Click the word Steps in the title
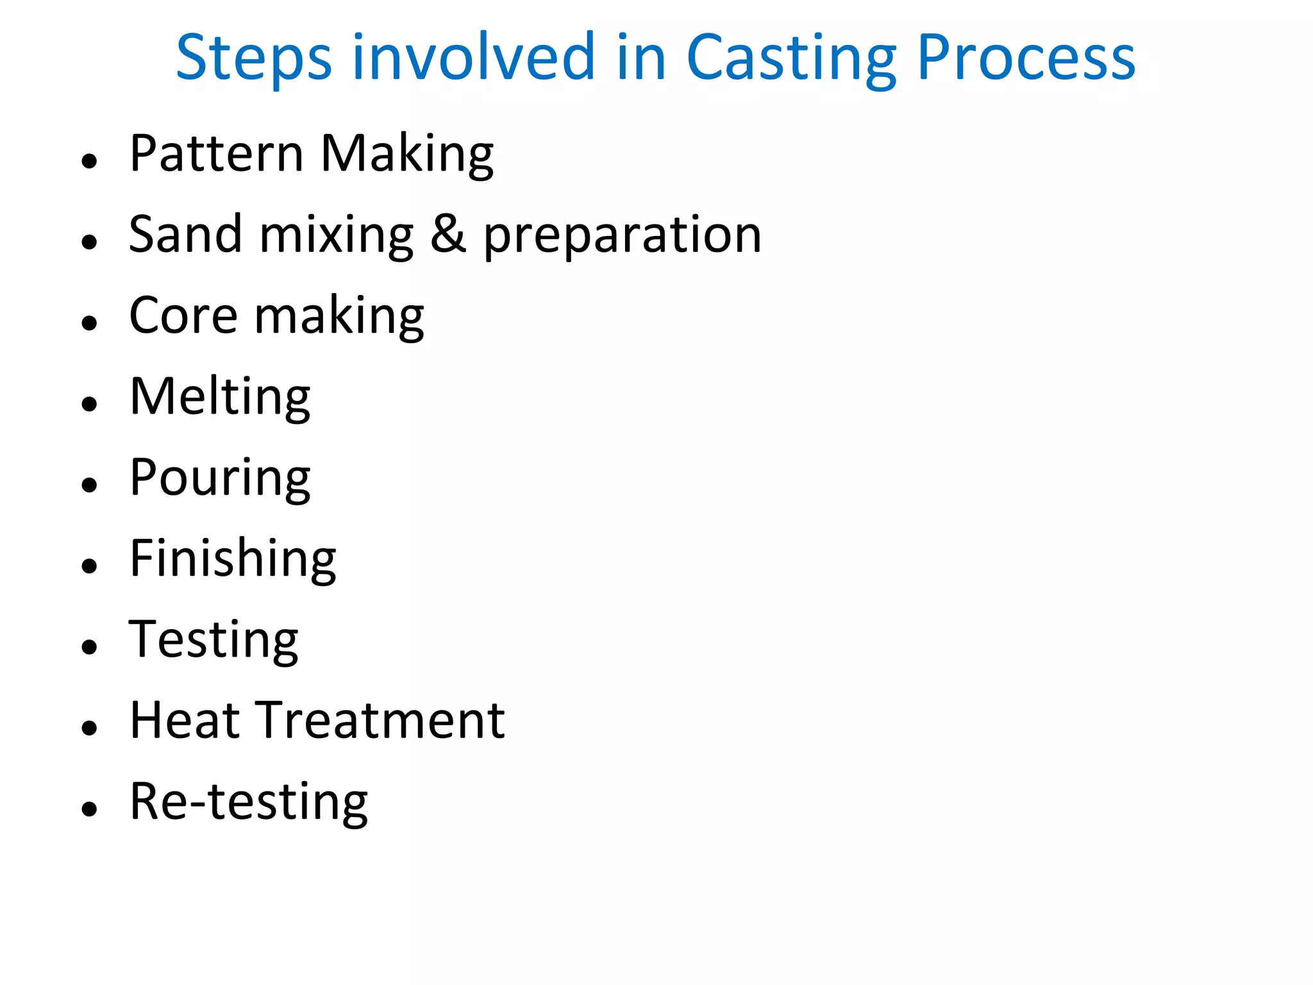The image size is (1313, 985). coord(253,59)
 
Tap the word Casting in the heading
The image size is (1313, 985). coord(790,59)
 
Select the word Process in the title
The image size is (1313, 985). coord(1026,59)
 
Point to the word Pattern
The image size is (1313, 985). coord(216,154)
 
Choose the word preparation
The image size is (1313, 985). coord(622,236)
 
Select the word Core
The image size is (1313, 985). coord(183,316)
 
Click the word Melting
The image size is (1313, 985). coord(220,398)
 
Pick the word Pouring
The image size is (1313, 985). coord(220,478)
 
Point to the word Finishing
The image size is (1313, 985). coord(233,559)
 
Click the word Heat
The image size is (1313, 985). coord(184,720)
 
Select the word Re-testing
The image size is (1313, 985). coord(249,802)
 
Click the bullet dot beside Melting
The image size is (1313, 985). coord(90,403)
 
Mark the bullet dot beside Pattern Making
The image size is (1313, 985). coord(90,160)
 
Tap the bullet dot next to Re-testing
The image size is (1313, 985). coord(90,808)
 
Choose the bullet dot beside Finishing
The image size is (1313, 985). coord(90,565)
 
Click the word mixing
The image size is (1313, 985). coord(337,236)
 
